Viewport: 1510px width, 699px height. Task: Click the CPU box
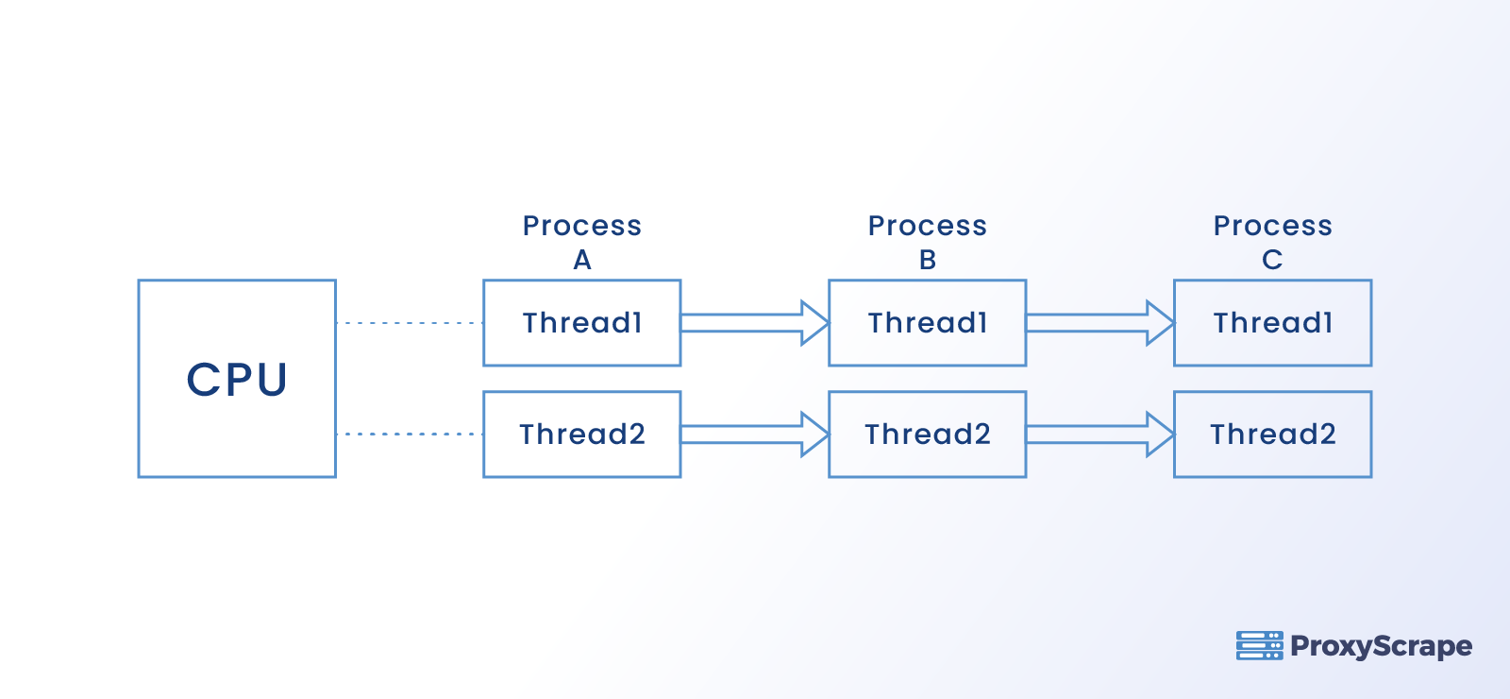237,379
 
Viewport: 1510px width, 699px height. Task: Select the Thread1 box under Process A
581,323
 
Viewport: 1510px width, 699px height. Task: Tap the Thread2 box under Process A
581,435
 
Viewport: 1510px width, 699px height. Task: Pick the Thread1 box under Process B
927,323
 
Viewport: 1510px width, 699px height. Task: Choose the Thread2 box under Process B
927,435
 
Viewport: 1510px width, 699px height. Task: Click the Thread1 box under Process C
1272,323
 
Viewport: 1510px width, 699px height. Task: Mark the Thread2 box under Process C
1272,435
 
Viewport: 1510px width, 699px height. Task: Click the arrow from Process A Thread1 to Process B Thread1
754,323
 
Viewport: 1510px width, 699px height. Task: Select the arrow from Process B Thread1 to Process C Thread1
1099,323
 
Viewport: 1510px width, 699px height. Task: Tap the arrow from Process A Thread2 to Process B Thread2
754,435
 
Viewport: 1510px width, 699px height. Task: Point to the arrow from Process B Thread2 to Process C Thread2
1099,435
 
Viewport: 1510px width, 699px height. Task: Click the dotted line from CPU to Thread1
410,323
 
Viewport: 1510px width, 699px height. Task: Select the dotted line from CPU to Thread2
410,435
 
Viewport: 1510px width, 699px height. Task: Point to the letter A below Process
582,260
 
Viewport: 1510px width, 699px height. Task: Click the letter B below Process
928,260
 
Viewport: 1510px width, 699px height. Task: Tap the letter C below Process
1272,260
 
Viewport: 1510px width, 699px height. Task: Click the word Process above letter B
927,226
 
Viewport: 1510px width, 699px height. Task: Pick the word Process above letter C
1272,226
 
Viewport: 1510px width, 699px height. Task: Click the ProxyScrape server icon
1259,646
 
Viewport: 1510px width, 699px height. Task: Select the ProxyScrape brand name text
1381,646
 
